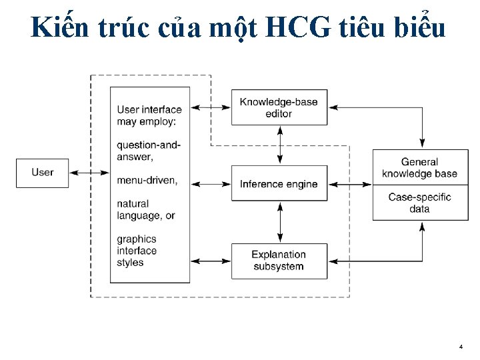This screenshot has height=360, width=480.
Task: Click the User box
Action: (43, 173)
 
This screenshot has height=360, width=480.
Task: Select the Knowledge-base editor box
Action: (279, 107)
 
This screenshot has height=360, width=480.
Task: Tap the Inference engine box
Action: (279, 184)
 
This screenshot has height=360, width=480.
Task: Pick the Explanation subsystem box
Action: (279, 261)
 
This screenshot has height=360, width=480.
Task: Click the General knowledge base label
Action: (420, 167)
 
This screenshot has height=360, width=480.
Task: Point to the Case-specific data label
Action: (420, 203)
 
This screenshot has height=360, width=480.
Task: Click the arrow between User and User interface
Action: (89, 173)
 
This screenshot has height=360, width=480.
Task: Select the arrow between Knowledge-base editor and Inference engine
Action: (280, 145)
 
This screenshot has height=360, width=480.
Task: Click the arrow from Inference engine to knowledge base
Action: (350, 184)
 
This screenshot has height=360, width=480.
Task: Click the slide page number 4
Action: (461, 347)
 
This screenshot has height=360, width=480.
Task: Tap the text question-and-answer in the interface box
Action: (149, 151)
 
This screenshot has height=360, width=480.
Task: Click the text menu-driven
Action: (147, 181)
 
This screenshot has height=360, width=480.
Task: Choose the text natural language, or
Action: (146, 209)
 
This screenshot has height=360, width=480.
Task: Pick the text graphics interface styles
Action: (137, 251)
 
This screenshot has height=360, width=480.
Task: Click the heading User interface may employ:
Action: (149, 115)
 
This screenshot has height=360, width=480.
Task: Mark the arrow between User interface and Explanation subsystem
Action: (211, 261)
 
